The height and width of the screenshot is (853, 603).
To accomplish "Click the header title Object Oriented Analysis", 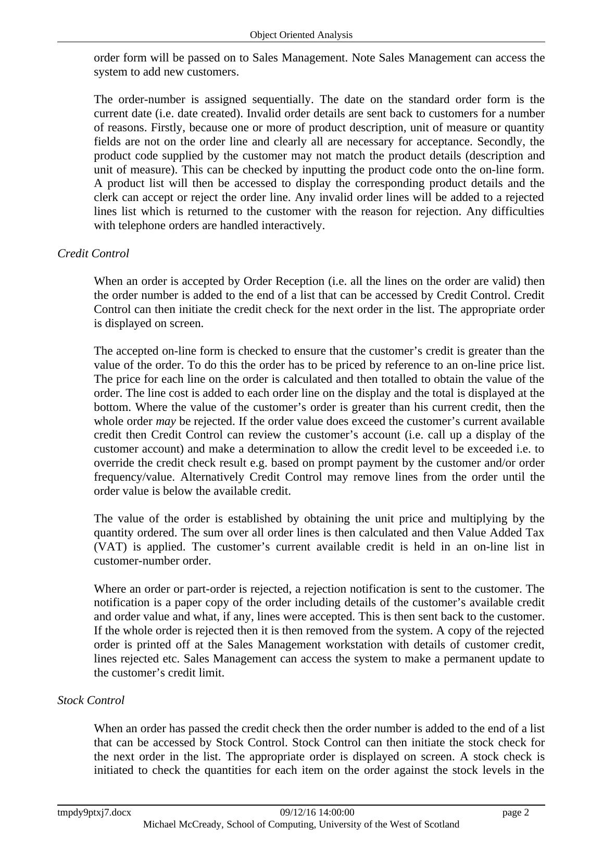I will coord(301,35).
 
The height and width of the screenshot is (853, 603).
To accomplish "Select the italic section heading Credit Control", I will coord(93,254).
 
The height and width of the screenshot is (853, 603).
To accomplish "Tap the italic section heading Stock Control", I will coord(91,700).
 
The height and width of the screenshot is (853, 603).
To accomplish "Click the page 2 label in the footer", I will coord(516,812).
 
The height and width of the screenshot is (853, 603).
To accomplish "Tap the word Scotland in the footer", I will coord(440,824).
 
